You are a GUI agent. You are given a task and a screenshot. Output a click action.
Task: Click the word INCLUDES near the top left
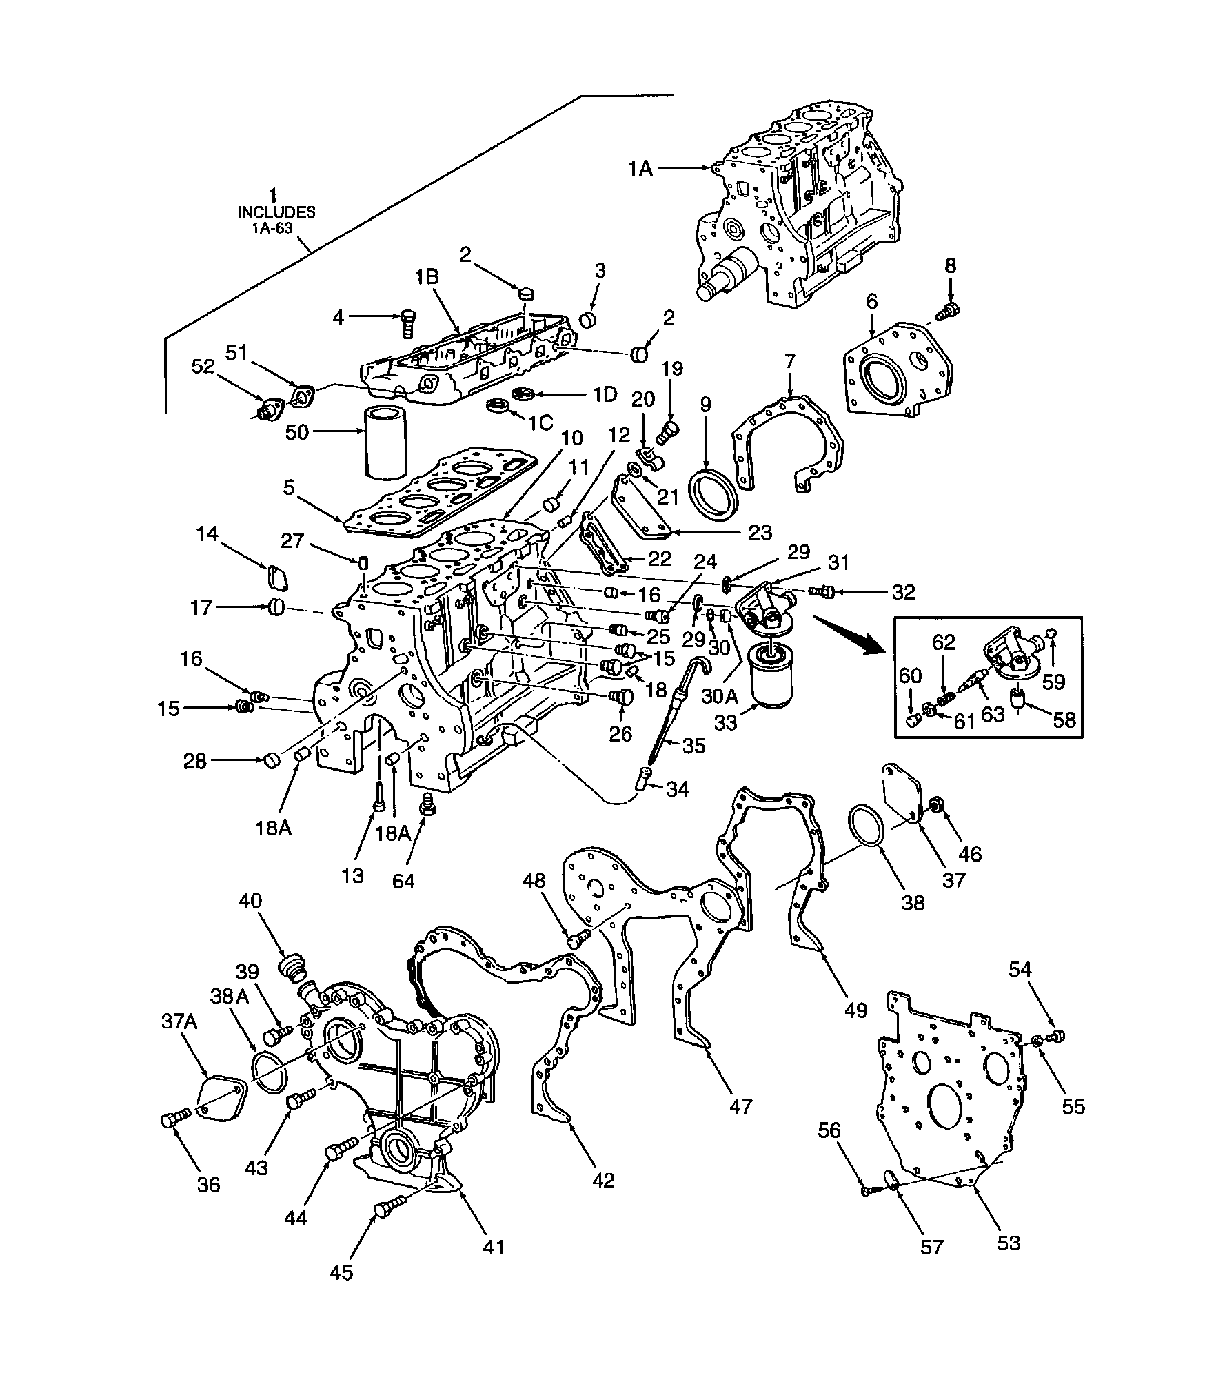pos(276,212)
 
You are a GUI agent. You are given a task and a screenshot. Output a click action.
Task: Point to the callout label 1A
pos(640,167)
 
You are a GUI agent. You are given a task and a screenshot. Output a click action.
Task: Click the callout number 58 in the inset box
pos(1063,720)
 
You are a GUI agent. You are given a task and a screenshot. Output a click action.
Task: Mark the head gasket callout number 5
pos(288,487)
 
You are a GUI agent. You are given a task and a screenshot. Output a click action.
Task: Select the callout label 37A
pos(179,1041)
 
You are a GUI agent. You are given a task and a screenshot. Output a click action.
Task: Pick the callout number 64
pos(403,881)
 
